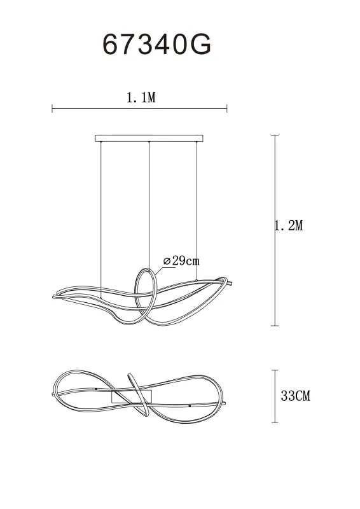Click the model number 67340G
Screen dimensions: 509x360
pos(156,45)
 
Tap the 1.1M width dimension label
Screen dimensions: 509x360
pos(141,98)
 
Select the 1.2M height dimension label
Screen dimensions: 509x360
pos(288,225)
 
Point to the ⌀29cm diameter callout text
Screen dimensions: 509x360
pos(181,261)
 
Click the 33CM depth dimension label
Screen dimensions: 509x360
pos(295,396)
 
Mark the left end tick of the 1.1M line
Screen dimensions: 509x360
pos(52,109)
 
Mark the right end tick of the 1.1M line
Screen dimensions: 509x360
pos(227,109)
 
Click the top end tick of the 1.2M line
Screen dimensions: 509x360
pos(275,135)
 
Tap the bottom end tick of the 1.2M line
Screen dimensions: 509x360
pos(275,326)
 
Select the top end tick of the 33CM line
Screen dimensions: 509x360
pos(275,370)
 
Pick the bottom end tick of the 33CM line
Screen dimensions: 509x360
pos(275,422)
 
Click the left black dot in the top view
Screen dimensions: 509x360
pos(95,387)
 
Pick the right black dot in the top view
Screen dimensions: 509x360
pos(190,405)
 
